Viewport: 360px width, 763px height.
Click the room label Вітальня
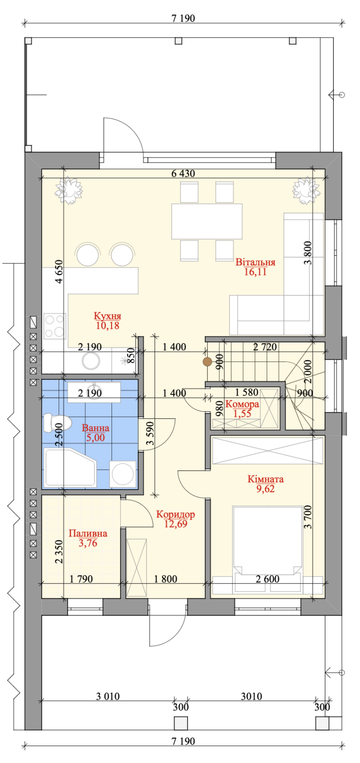[x=255, y=262]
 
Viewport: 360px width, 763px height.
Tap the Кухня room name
[x=107, y=316]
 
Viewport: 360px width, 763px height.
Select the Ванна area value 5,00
[x=95, y=438]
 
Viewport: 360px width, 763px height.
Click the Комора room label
[x=242, y=404]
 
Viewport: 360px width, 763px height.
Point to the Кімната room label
[x=265, y=479]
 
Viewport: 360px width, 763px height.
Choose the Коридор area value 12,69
[x=176, y=524]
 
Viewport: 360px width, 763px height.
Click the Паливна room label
[x=88, y=533]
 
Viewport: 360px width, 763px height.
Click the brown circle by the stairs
[x=207, y=362]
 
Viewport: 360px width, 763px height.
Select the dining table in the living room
[x=207, y=221]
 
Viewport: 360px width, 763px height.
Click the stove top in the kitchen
[x=54, y=326]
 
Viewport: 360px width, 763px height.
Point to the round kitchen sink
[x=91, y=361]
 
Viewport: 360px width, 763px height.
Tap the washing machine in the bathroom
[x=123, y=474]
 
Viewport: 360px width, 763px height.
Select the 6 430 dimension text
[x=183, y=174]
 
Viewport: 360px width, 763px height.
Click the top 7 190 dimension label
[x=183, y=18]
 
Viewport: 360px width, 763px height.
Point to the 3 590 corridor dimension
[x=150, y=434]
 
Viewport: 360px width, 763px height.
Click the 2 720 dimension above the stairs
[x=265, y=347]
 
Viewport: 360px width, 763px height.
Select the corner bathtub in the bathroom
[x=70, y=468]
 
